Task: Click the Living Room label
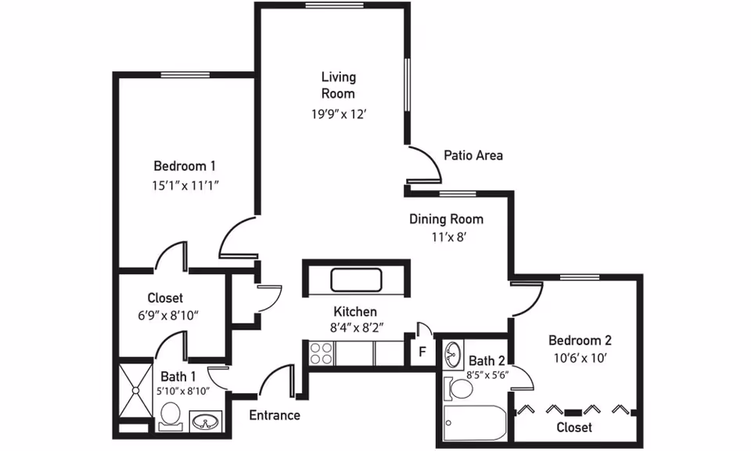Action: coord(339,85)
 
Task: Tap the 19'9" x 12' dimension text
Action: coord(339,114)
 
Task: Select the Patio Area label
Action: coord(473,155)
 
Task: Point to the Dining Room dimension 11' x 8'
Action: coord(449,236)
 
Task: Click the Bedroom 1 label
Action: coord(185,166)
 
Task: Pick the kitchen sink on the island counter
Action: coord(357,280)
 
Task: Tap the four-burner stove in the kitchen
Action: coord(321,353)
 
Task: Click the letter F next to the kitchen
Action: coord(422,352)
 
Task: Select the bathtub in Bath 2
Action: coord(475,423)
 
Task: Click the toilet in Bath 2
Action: coord(458,388)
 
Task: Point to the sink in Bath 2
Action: coord(453,355)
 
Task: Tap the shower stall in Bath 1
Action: coord(135,391)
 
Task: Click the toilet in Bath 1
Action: coord(170,415)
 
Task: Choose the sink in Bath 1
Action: coord(206,422)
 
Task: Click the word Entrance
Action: coord(275,415)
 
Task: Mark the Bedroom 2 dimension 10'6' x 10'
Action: coord(580,358)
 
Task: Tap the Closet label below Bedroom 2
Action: coord(574,427)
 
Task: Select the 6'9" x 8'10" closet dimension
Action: coord(168,316)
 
